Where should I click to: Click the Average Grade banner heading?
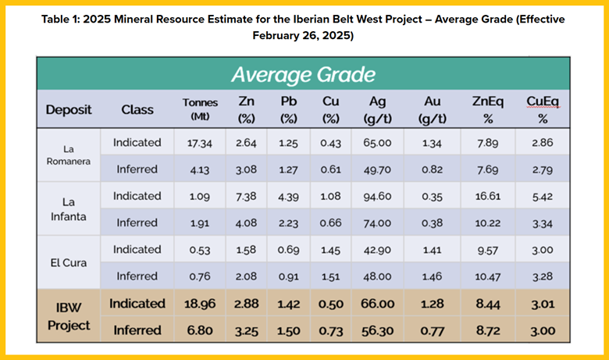[303, 75]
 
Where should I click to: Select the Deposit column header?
[68, 110]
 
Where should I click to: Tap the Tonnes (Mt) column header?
[200, 109]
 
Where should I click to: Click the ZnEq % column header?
[481, 109]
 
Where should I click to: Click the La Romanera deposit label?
[68, 156]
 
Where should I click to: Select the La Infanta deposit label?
[68, 209]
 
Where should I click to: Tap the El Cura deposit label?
[68, 262]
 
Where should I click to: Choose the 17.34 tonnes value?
[200, 143]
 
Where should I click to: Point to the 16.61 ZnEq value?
[481, 195]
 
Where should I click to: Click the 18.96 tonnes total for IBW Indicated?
[200, 303]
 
